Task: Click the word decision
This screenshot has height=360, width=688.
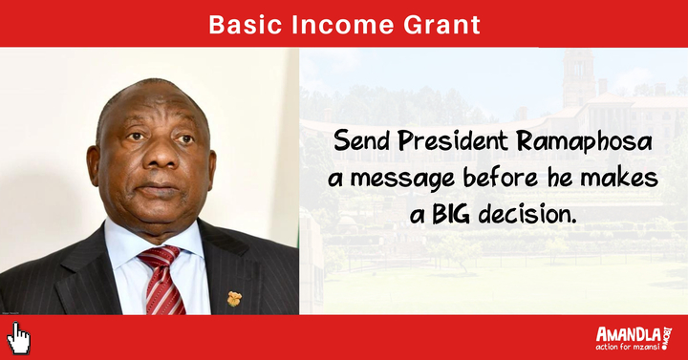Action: pos(527,215)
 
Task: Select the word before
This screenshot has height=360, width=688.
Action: pos(501,178)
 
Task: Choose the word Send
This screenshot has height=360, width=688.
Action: pos(361,141)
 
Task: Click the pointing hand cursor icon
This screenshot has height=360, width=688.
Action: pos(18,338)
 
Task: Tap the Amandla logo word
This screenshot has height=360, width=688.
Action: pos(628,334)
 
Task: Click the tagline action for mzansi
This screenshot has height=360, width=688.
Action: pos(628,347)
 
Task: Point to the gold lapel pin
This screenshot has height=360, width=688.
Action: pos(234,299)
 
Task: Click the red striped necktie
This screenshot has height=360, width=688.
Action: pos(162,280)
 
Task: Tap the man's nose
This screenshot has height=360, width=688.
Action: pos(159,155)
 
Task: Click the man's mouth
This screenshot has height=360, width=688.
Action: pos(160,189)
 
